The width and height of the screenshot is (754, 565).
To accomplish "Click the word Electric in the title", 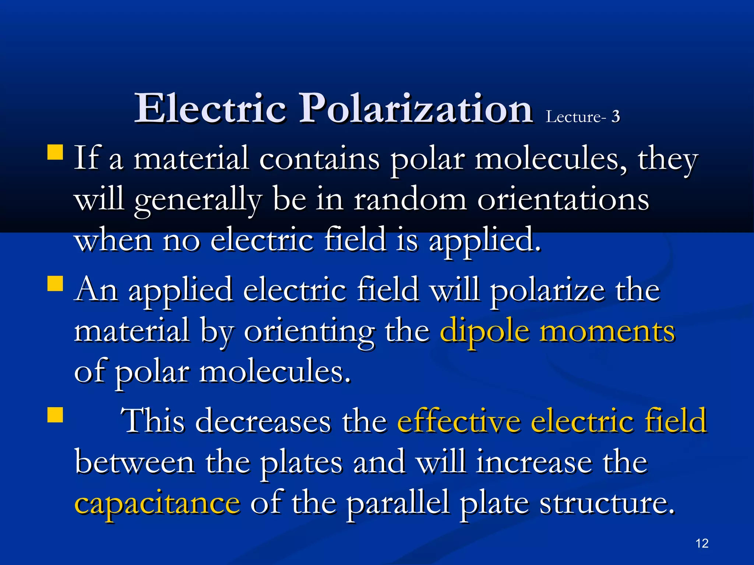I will pos(211,109).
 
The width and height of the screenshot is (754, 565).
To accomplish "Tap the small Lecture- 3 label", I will pos(582,117).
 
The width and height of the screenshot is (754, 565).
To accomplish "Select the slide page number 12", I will pos(702,543).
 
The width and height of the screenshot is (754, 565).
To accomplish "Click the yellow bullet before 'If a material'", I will pos(55,152).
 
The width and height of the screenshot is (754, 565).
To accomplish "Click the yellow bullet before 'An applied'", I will pos(55,284).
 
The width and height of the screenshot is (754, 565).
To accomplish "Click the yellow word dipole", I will pos(485,331).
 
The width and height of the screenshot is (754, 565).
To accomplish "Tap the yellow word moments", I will pos(607,331).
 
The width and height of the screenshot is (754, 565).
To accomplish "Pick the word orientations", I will pos(563,200).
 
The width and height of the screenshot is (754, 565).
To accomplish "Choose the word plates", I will pos(301,463).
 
